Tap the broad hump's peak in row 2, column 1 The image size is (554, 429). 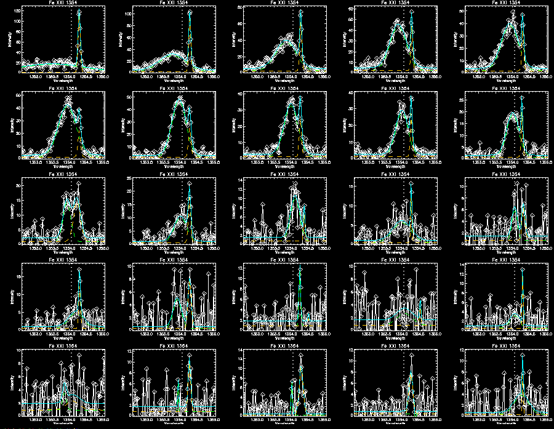coord(69,98)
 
